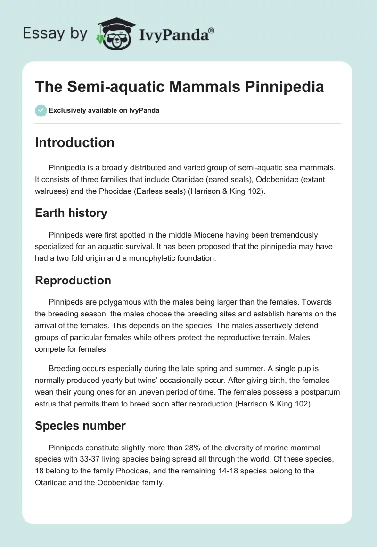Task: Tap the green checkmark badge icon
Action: [x=41, y=110]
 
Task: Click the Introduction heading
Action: [x=74, y=142]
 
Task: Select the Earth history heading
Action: [x=71, y=213]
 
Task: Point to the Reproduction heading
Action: [x=73, y=280]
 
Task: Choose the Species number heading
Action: [x=80, y=426]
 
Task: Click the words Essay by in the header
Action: [x=55, y=33]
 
